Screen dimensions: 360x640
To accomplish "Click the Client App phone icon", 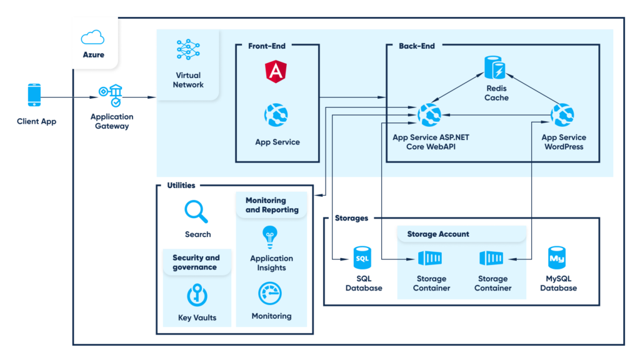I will coord(35,96).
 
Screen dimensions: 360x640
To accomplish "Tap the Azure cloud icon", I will coord(93,37).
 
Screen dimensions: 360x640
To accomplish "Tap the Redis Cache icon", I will coord(496,67).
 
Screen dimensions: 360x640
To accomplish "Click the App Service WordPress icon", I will coord(562,114).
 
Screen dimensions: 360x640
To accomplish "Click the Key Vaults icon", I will coord(197,295).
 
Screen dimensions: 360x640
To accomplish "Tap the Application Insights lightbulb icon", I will coord(271,237).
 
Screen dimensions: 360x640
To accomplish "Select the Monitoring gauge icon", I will coord(271,293).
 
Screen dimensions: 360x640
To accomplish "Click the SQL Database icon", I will coord(363,257).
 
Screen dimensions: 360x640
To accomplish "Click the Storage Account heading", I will coord(438,234).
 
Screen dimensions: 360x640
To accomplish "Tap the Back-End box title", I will coord(416,46).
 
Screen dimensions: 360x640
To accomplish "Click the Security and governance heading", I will coord(196,262).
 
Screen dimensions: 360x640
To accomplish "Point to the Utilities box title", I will coord(181,185).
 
